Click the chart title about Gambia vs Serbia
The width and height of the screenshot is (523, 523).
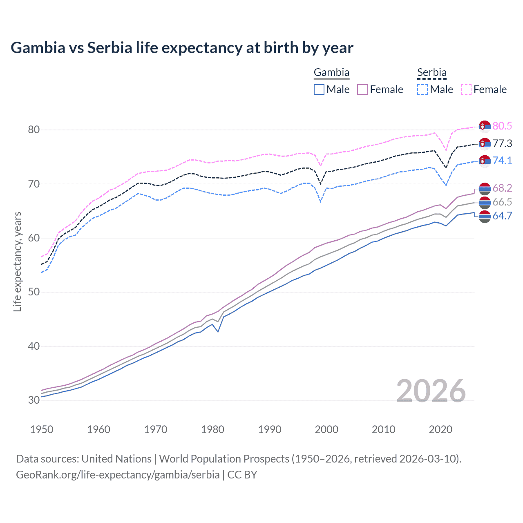(182, 48)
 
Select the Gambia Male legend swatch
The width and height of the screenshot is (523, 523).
(319, 89)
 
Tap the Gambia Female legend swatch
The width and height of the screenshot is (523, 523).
(362, 89)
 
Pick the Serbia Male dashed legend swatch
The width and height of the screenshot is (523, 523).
(422, 89)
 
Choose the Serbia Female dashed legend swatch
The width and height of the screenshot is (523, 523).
(466, 89)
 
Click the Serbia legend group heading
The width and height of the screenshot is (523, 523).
(431, 73)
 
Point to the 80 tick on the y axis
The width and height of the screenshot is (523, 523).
(34, 130)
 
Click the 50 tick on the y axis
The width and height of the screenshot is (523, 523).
(34, 292)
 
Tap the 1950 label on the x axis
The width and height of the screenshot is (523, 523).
(42, 429)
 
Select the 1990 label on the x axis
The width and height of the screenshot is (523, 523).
(270, 429)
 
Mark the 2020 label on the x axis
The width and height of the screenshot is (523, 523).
(440, 429)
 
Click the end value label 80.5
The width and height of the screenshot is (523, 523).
(502, 126)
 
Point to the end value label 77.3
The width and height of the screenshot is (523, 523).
(502, 144)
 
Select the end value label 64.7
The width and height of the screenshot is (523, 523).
(502, 216)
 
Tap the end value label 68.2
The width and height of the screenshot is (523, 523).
(502, 188)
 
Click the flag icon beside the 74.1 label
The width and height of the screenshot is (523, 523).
(485, 161)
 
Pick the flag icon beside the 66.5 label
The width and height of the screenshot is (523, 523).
(485, 202)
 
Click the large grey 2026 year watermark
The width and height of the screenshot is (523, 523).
(431, 391)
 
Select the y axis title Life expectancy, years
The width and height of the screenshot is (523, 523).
(17, 261)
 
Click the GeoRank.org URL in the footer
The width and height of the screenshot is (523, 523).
(118, 475)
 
